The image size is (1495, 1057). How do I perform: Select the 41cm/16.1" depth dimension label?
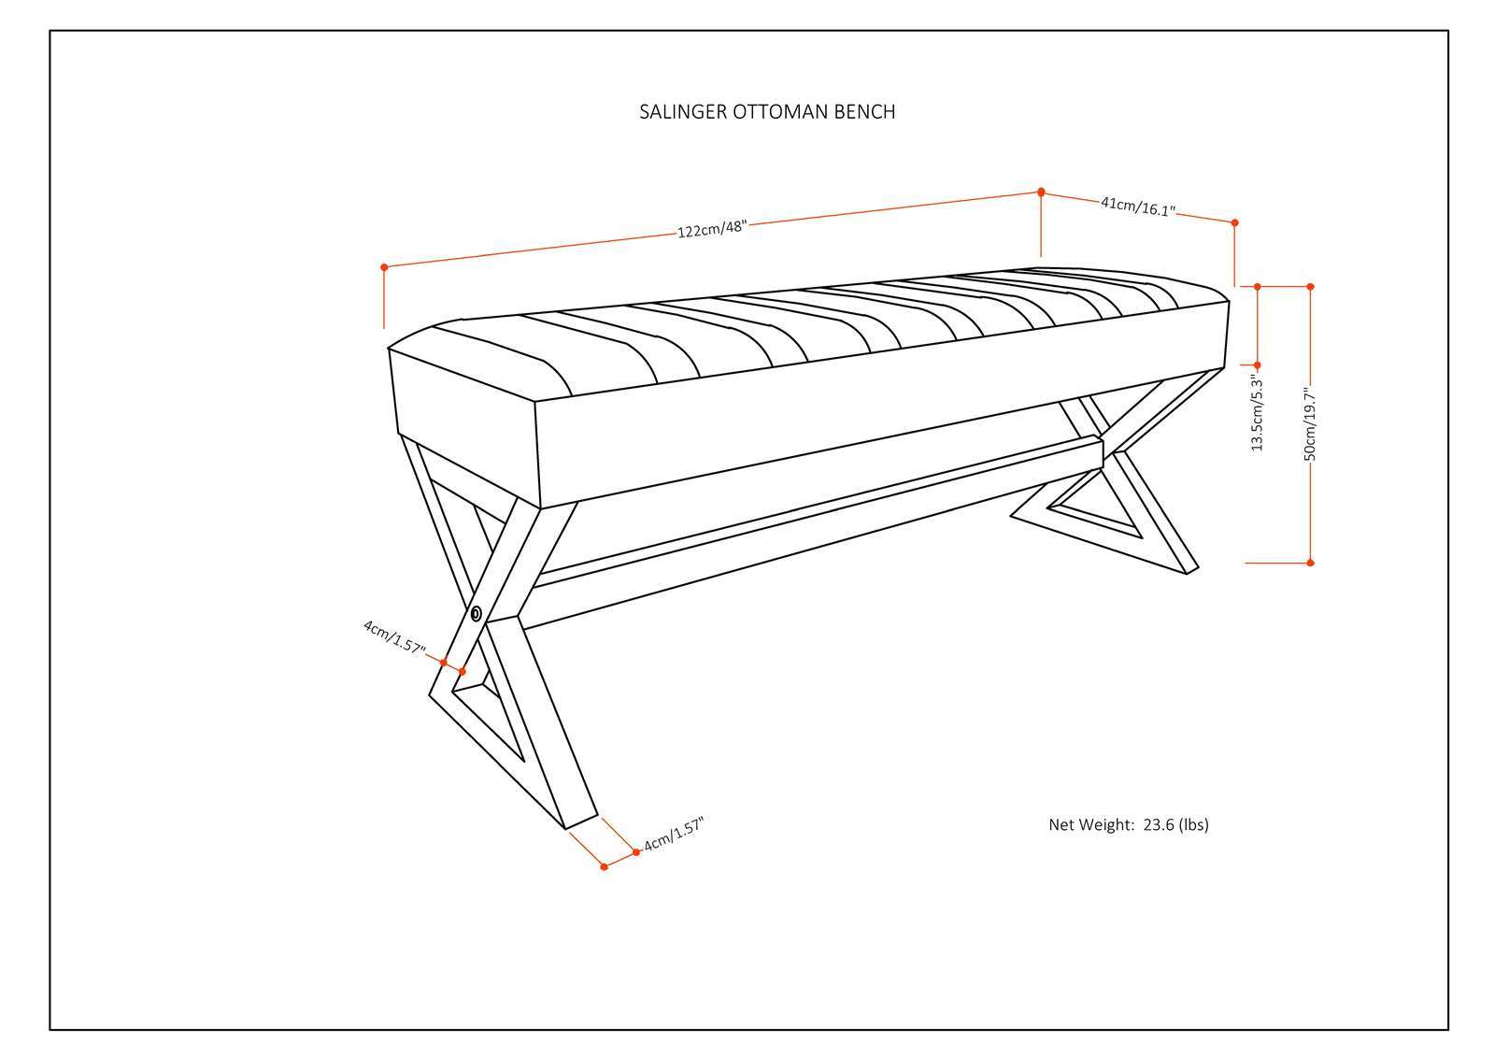pos(1137,207)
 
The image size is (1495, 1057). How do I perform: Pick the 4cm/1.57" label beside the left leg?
pos(394,636)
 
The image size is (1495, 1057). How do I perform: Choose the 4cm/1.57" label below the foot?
pos(672,835)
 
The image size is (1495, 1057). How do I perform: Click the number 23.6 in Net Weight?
pos(1157,824)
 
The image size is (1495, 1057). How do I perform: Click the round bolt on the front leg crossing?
pos(477,613)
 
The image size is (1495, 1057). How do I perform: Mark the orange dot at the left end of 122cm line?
pos(384,267)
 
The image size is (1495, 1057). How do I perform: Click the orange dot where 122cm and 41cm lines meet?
pos(1041,192)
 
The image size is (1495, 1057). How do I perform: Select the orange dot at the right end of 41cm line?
pos(1234,222)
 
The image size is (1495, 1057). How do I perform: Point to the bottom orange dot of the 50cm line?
pos(1310,562)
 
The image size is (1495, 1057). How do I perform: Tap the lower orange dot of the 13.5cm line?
pos(1257,364)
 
